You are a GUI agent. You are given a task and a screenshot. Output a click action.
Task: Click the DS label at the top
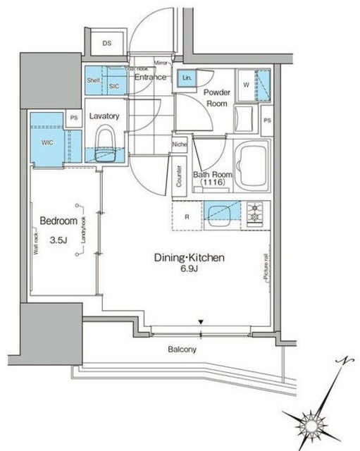point(107,44)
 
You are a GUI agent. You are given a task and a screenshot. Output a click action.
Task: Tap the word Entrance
point(150,78)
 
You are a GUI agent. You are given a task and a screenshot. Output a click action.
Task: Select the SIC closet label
point(115,86)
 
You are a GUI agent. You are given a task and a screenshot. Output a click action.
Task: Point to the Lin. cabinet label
point(187,78)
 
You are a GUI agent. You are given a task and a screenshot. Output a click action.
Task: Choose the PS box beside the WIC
point(73,119)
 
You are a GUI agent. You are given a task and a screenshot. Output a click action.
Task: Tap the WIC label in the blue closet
point(46,142)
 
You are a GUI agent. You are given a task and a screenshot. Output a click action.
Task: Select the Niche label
point(179,145)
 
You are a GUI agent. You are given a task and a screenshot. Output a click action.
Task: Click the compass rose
point(313,425)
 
